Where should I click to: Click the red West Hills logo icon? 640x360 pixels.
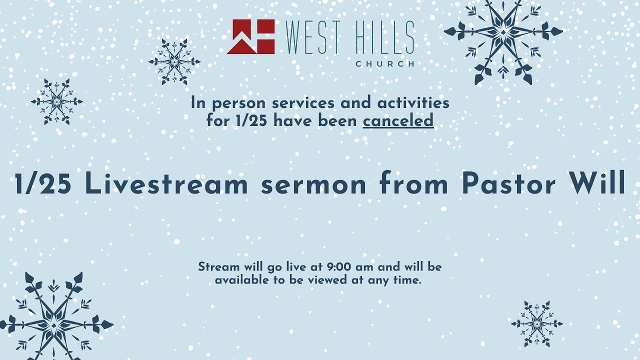(250, 36)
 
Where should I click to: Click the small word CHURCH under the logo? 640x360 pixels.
(384, 64)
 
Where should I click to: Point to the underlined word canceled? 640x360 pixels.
(398, 120)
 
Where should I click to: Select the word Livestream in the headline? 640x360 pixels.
(166, 184)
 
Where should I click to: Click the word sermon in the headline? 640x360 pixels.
(314, 184)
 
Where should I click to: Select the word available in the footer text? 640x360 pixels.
(242, 280)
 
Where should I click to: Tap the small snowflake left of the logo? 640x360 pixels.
(174, 62)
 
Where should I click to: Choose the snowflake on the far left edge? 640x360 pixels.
(56, 101)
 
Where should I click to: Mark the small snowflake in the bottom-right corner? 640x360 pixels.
(536, 324)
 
